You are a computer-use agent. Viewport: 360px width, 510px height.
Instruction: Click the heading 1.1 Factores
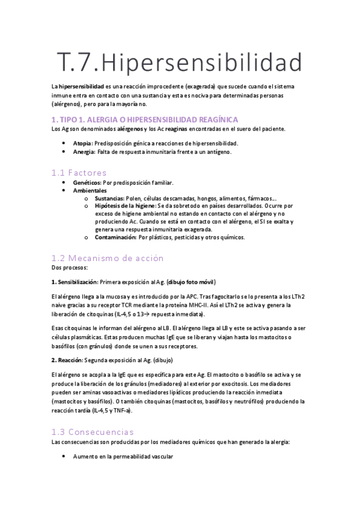(x=79, y=172)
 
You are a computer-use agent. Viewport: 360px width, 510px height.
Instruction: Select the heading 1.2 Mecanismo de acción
(x=108, y=257)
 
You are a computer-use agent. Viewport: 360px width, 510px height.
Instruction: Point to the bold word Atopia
(x=83, y=143)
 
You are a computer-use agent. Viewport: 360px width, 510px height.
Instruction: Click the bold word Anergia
(x=84, y=152)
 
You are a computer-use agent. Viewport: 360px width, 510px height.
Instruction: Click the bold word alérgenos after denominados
(x=130, y=129)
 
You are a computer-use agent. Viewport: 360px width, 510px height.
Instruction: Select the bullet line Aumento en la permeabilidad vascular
(x=123, y=457)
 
